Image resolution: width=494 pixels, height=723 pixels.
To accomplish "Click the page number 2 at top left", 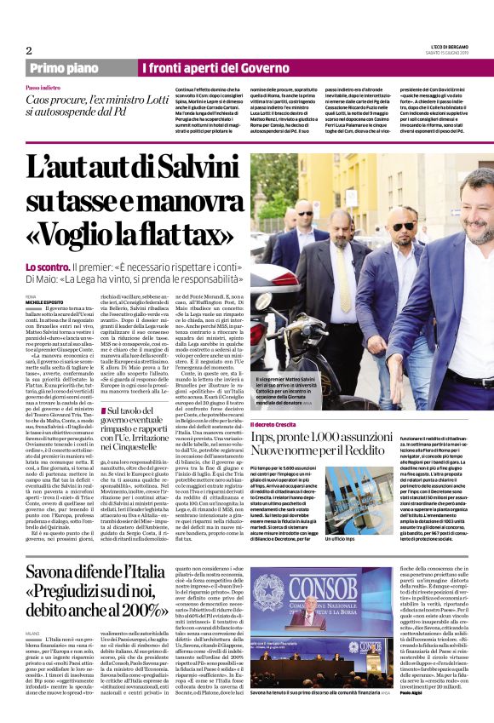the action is (x=28, y=51).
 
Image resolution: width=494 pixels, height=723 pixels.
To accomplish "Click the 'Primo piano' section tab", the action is (x=63, y=68).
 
